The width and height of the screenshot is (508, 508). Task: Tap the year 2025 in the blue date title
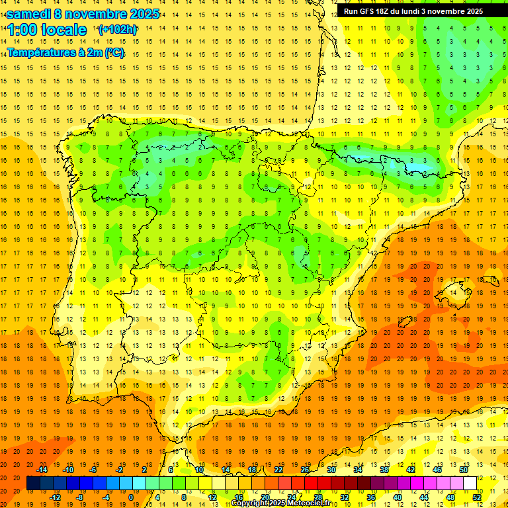140,14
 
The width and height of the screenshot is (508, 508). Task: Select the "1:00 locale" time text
47,30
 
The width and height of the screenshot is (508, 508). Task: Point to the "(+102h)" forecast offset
117,30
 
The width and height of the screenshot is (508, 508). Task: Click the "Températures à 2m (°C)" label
65,52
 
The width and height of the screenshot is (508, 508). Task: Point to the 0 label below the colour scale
131,497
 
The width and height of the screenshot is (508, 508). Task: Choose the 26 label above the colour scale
305,470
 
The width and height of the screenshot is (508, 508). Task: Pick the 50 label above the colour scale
464,470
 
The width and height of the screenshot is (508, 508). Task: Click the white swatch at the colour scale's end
470,484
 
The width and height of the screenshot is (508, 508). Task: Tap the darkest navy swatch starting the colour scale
33,484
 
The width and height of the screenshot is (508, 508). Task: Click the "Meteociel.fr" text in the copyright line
306,503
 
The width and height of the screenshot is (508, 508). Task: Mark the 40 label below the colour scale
398,497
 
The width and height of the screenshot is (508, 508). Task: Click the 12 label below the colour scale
212,497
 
